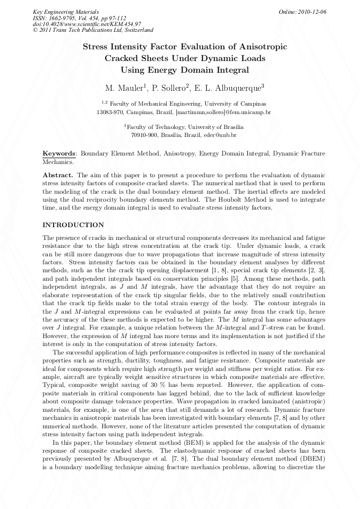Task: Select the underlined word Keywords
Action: (x=59, y=153)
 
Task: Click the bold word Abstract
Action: (x=57, y=175)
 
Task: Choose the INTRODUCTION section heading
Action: (x=73, y=225)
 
